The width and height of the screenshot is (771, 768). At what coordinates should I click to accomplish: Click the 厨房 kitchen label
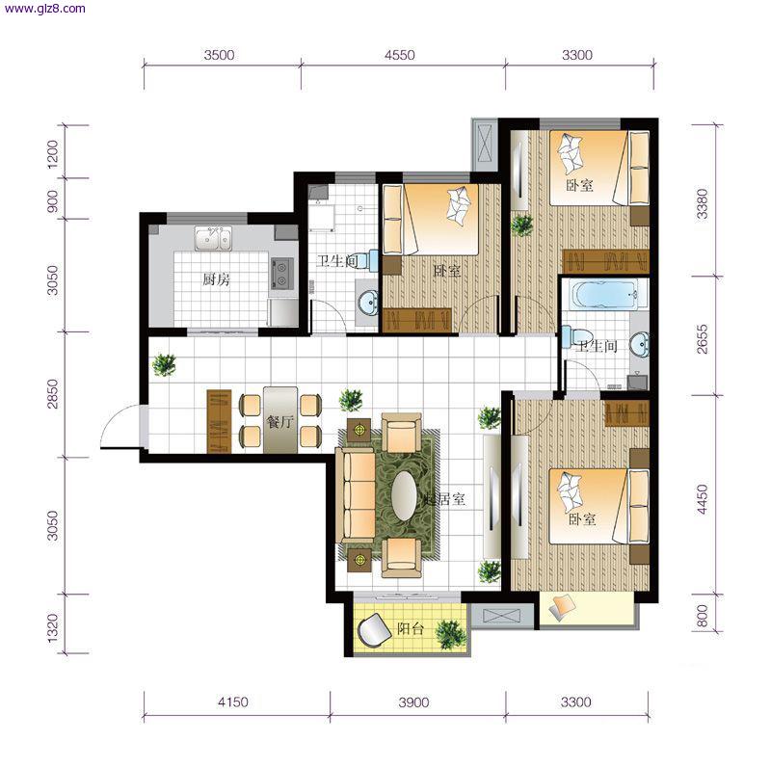pos(216,279)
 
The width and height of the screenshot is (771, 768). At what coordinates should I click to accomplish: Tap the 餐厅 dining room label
pos(279,421)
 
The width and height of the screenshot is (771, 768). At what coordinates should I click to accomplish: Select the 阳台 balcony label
pos(411,628)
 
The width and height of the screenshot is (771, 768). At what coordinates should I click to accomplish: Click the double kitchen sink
pos(213,238)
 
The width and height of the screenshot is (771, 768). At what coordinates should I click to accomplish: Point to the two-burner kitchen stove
pos(281,275)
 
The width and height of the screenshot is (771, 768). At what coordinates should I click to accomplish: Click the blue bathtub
pos(604,295)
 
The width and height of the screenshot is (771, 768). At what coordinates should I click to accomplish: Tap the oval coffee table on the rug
pos(404,496)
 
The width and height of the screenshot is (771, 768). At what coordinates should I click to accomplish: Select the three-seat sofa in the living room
pos(355,495)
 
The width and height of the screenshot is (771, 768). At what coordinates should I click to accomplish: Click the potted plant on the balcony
pos(450,633)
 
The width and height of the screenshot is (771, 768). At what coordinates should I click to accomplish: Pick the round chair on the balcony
pos(374,630)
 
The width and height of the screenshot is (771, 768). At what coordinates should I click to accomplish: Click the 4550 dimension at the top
pos(399,55)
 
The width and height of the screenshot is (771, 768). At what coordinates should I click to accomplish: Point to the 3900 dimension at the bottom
pos(413,702)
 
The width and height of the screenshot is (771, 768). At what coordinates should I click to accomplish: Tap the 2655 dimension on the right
pos(703,339)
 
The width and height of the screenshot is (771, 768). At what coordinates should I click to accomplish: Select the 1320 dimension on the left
pos(53,628)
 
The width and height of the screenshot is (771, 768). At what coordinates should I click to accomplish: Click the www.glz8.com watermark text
pos(44,9)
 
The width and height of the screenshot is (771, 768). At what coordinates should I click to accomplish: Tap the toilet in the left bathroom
pos(366,259)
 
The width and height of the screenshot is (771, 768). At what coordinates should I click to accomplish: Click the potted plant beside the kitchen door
pos(164,365)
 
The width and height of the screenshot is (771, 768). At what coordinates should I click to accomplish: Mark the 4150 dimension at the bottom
pos(232,702)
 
